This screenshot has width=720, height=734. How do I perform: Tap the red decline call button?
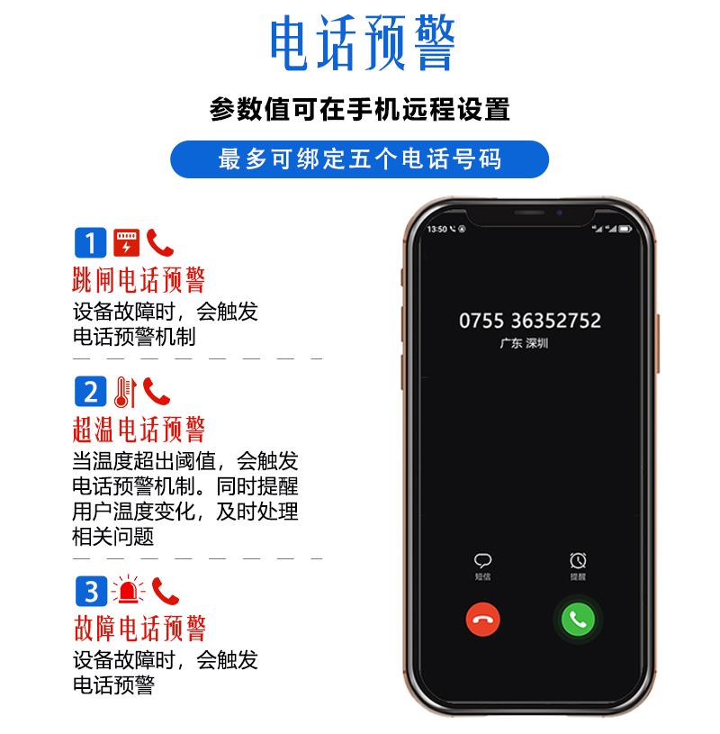tap(482, 620)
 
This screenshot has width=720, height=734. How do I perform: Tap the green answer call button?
tap(578, 620)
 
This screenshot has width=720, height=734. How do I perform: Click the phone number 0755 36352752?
tap(530, 321)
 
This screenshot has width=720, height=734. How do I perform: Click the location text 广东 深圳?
tap(524, 344)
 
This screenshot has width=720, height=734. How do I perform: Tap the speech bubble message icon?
tap(482, 560)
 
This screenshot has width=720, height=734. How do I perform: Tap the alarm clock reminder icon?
tap(578, 560)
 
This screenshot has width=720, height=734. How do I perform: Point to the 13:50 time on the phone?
tap(437, 229)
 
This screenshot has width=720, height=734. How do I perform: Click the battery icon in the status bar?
tap(625, 229)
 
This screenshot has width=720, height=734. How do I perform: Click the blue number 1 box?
tap(91, 242)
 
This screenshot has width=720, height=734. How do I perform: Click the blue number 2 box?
tap(91, 392)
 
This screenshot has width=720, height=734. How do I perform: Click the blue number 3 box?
tap(91, 591)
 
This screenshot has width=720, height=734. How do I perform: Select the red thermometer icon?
tap(125, 392)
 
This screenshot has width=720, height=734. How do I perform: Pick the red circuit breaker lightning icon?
tap(126, 242)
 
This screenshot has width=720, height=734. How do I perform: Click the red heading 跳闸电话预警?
tap(139, 280)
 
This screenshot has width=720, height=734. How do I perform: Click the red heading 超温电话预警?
tap(139, 430)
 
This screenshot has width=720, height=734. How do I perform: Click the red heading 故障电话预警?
tap(139, 629)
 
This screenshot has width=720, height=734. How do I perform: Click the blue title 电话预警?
tap(363, 43)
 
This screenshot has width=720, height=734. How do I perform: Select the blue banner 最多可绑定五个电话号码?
tap(359, 159)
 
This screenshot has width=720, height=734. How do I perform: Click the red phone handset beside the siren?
tap(165, 591)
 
